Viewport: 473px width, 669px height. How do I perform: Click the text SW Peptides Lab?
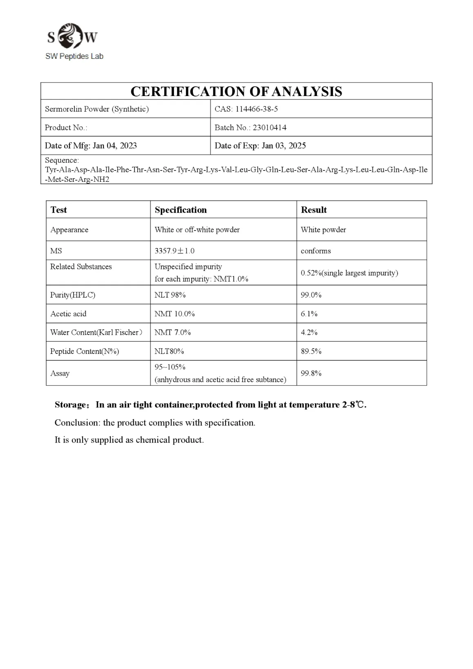coord(74,56)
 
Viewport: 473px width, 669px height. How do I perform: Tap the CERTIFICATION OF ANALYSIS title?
coord(236,92)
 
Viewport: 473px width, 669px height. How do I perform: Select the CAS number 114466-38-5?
coord(257,109)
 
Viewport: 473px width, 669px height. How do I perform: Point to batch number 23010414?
coord(269,128)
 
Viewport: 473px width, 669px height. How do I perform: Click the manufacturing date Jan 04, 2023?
coord(114,146)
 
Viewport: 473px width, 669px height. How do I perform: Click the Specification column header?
coord(181,210)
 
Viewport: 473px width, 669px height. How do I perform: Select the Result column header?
coord(314,210)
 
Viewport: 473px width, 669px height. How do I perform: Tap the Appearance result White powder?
coord(323,230)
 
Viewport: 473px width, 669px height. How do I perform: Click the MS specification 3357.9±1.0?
coord(174,251)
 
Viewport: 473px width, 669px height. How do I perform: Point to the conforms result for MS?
coord(316,251)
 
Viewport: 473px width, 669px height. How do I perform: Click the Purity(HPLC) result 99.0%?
coord(311,295)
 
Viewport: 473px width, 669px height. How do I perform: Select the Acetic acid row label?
coord(68,314)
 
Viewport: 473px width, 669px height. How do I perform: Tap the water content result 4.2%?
coord(309,333)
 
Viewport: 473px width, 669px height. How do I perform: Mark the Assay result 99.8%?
coord(311,374)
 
